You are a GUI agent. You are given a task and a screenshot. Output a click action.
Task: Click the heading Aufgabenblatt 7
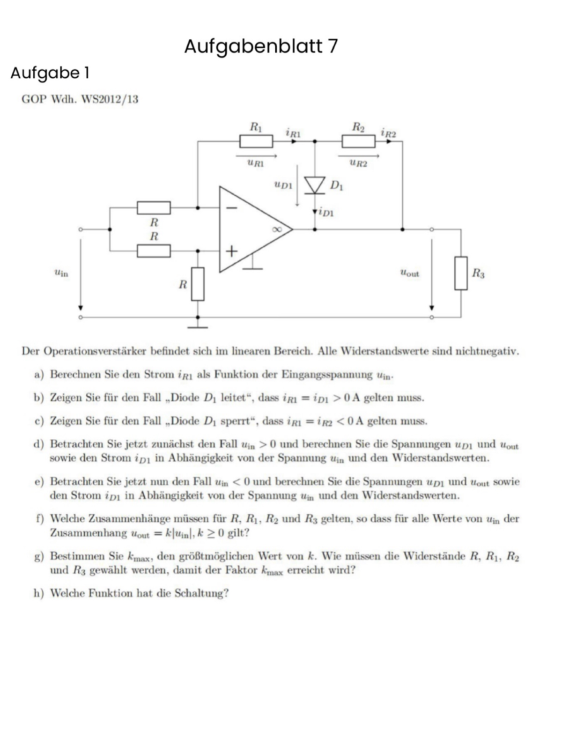click(261, 46)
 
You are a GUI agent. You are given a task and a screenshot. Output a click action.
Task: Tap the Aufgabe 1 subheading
click(50, 73)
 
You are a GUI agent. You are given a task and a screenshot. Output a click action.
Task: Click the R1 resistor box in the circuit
click(256, 141)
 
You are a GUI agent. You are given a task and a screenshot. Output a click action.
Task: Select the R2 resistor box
click(359, 141)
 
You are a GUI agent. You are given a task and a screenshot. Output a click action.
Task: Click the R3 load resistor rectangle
click(461, 273)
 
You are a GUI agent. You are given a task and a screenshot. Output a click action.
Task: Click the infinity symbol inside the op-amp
click(277, 229)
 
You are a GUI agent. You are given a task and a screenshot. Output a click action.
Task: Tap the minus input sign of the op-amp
click(231, 208)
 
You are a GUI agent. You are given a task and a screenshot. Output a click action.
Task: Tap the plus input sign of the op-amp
click(231, 251)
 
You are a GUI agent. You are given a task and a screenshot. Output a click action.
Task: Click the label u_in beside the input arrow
click(61, 273)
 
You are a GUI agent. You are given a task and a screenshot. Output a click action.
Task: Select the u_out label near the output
click(410, 273)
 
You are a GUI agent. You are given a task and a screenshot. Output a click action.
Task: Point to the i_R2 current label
click(388, 133)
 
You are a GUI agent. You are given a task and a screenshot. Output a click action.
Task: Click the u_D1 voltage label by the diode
click(283, 184)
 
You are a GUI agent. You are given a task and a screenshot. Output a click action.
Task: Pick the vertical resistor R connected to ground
click(198, 284)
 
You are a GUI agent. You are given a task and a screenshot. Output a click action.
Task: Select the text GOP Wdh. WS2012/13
click(80, 99)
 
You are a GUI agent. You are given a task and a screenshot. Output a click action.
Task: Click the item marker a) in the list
click(39, 375)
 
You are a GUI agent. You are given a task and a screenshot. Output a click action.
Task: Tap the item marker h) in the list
click(39, 593)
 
